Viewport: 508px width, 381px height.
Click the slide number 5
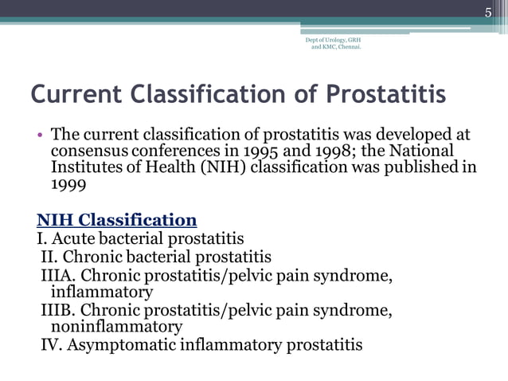click(x=490, y=11)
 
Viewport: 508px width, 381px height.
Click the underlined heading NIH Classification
click(x=117, y=220)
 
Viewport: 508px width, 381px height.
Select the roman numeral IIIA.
click(x=57, y=276)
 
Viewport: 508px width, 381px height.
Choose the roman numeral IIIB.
click(x=57, y=310)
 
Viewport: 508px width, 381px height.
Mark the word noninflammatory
click(x=116, y=327)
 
